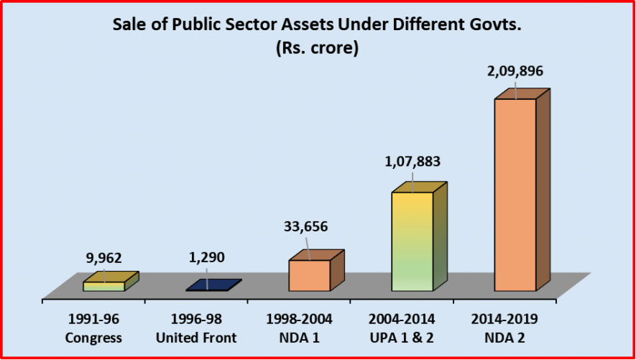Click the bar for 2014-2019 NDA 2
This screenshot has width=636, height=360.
pos(515,194)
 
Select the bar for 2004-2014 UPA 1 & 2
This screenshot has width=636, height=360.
pos(412,241)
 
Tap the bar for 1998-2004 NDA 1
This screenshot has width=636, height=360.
pos(309,275)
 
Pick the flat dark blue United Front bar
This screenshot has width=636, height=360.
pos(213,285)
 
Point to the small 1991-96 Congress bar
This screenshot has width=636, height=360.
pos(105,285)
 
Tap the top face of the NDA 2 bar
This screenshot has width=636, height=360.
pos(522,93)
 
